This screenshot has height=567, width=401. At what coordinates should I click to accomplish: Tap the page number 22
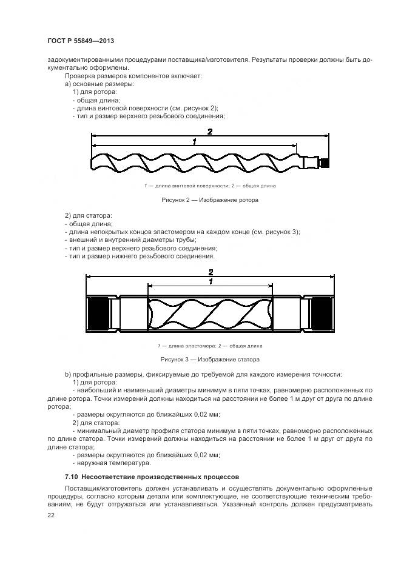[50, 515]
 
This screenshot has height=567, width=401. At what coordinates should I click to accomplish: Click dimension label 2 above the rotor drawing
[209, 132]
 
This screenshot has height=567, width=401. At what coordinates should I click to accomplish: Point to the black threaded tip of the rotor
[325, 163]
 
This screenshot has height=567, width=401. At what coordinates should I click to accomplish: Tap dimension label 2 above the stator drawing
[210, 272]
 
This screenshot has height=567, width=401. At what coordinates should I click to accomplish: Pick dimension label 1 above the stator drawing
[210, 282]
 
